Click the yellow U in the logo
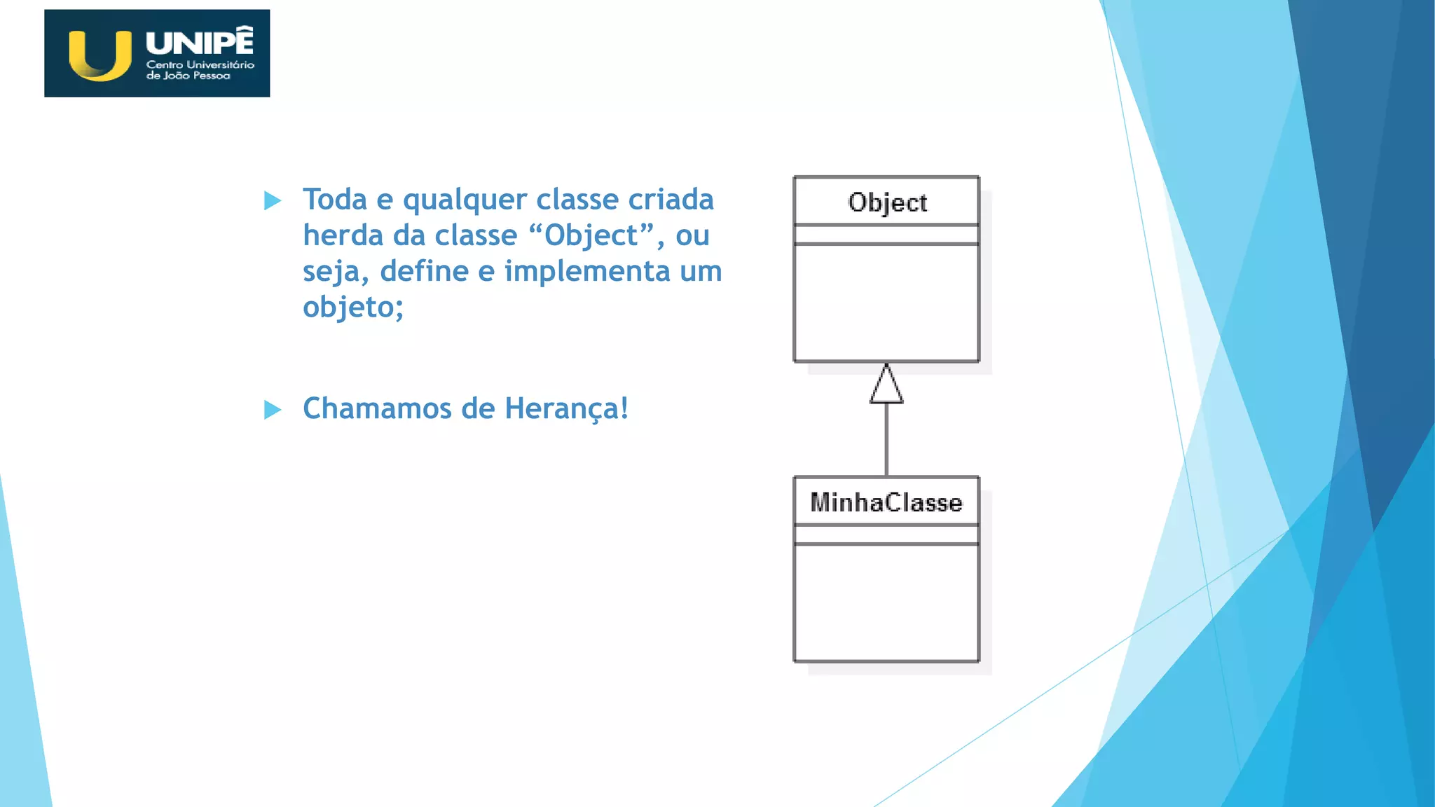[x=100, y=56]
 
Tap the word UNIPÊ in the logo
[x=200, y=41]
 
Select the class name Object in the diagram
[x=887, y=202]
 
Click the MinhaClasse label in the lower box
[x=886, y=502]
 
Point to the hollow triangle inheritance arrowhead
[x=886, y=386]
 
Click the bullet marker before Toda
[x=273, y=201]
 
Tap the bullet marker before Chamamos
[x=273, y=410]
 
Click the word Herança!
[x=566, y=408]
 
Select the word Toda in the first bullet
[x=335, y=200]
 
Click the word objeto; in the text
[x=353, y=307]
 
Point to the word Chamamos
[x=377, y=408]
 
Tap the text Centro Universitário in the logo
[x=200, y=64]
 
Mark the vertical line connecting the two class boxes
[x=886, y=440]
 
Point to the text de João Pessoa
[x=188, y=76]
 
